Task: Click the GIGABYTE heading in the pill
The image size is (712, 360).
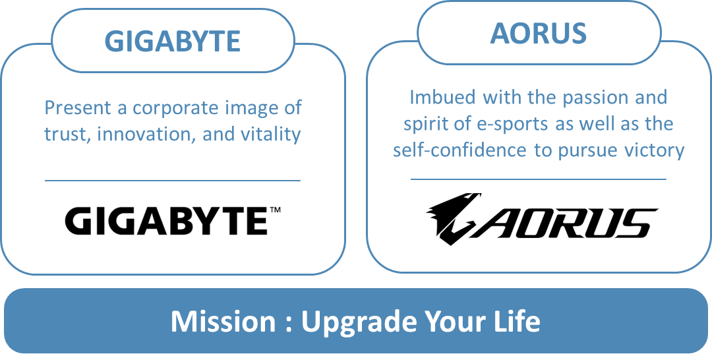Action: coord(173,42)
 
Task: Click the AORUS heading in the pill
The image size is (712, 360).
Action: coord(539,33)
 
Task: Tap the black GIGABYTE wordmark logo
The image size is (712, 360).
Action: coord(167,221)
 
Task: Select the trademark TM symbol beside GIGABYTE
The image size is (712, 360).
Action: coord(275,210)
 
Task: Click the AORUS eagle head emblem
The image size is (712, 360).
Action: coord(454,218)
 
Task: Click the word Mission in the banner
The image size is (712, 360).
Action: coord(223,321)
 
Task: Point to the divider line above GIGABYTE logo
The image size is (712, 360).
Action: coord(173,181)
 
